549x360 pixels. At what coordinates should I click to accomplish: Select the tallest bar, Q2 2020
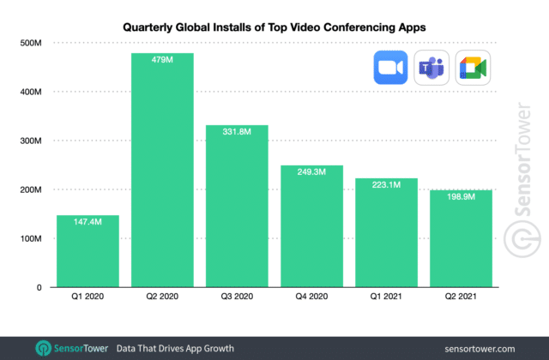tap(162, 171)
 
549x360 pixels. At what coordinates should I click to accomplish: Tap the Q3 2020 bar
tap(237, 207)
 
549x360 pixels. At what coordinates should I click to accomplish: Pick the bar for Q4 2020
tap(311, 226)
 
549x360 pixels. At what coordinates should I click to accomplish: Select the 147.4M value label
tap(87, 222)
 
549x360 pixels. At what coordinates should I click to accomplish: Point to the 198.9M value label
tap(461, 196)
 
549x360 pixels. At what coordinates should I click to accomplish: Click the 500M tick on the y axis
tap(31, 43)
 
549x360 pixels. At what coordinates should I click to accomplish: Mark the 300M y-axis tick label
tap(31, 141)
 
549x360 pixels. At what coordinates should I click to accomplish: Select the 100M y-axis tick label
tap(31, 238)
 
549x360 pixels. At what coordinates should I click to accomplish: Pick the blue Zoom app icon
tap(390, 69)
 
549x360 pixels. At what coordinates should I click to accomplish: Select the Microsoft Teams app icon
tap(431, 69)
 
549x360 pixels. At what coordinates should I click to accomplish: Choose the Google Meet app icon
tap(473, 69)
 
